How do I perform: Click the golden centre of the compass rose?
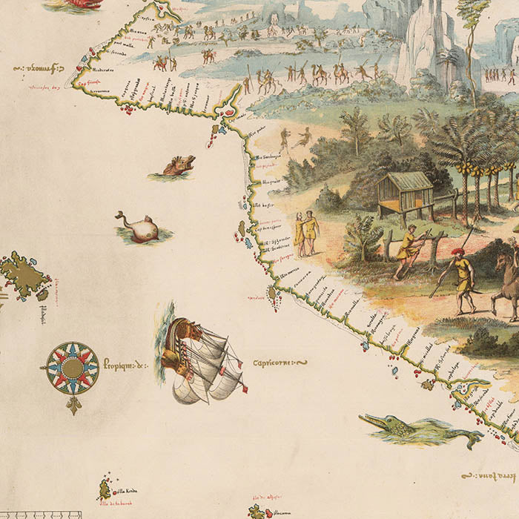pyautogui.click(x=72, y=368)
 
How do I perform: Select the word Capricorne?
pyautogui.click(x=280, y=363)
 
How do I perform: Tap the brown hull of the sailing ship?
pyautogui.click(x=179, y=348)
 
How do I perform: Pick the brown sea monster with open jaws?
pyautogui.click(x=178, y=165)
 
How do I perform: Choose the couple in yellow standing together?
pyautogui.click(x=305, y=233)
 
